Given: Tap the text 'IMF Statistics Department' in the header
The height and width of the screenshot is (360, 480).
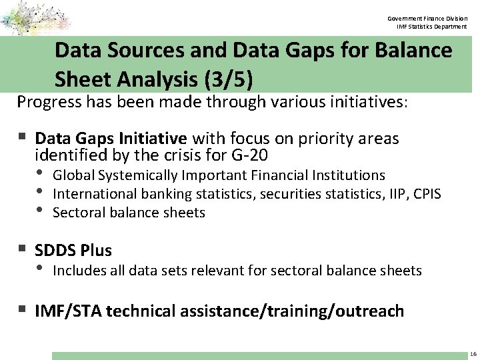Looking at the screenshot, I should click(x=431, y=27).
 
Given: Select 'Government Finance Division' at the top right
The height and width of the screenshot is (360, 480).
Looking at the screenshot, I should click(x=429, y=18).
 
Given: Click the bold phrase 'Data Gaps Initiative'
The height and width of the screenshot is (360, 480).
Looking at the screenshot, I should click(x=111, y=139).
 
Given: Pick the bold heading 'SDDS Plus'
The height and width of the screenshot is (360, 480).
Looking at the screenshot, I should click(x=73, y=251).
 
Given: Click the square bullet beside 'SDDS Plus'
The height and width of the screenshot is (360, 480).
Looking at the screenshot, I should click(x=23, y=249).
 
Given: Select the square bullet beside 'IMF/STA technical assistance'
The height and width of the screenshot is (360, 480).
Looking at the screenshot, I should click(x=23, y=309).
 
